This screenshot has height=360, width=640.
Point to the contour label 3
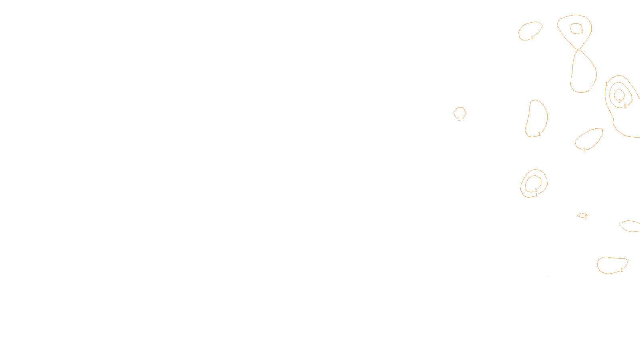click(x=619, y=101)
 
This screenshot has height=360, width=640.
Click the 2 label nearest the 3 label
click(x=625, y=106)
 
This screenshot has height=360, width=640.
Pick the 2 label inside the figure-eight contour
click(x=582, y=31)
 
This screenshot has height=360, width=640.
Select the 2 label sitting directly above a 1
click(x=536, y=190)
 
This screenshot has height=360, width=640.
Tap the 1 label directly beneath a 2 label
click(x=536, y=195)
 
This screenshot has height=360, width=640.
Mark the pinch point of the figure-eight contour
click(x=578, y=50)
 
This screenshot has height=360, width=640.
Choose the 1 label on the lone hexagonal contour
click(x=459, y=119)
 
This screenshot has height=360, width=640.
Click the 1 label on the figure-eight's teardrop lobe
click(x=591, y=88)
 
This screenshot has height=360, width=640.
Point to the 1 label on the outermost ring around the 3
click(x=606, y=84)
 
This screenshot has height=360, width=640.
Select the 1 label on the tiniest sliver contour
click(x=586, y=217)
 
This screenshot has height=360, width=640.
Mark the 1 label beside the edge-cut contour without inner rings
click(x=620, y=224)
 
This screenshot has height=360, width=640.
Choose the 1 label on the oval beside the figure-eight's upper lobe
click(x=532, y=38)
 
